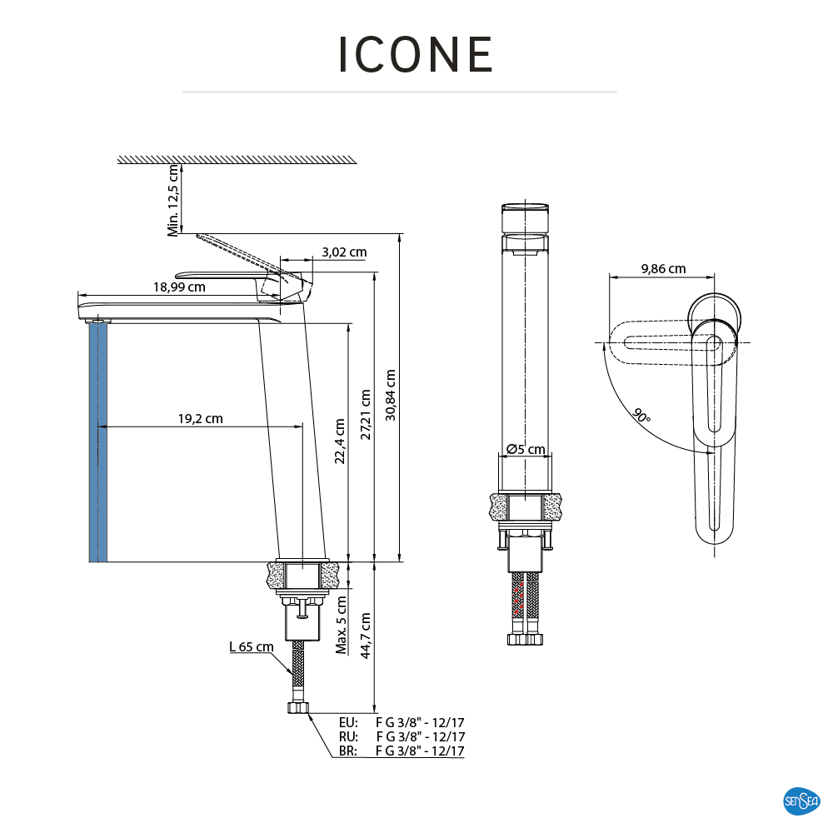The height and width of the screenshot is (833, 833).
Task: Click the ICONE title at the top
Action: (x=416, y=54)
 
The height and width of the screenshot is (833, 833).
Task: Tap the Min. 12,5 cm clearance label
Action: (x=174, y=200)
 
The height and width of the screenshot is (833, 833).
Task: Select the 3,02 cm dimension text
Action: (x=344, y=252)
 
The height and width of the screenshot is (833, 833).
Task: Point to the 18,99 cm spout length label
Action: (x=179, y=287)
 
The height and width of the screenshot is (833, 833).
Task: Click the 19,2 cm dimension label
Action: (x=200, y=419)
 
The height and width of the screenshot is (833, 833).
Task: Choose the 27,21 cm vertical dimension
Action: (x=366, y=415)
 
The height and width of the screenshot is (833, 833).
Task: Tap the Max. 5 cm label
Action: (x=342, y=625)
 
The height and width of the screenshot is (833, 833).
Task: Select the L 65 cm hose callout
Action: (x=251, y=647)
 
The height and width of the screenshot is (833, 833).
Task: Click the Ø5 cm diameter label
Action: (x=526, y=450)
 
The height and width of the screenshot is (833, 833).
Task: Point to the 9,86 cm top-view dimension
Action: (x=663, y=268)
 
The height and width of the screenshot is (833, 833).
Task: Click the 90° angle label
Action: (x=641, y=416)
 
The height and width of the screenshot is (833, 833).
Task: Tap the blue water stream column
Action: (x=97, y=441)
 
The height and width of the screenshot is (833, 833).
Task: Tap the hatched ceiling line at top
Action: (x=237, y=159)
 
